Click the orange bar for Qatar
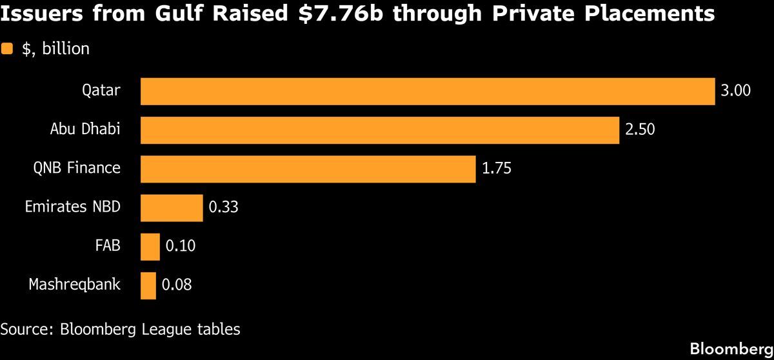pyautogui.click(x=428, y=91)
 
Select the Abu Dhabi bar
pyautogui.click(x=380, y=130)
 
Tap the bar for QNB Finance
pyautogui.click(x=308, y=168)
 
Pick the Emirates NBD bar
pyautogui.click(x=172, y=207)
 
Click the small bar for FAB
pyautogui.click(x=150, y=246)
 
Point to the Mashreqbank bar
pyautogui.click(x=148, y=285)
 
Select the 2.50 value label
pyautogui.click(x=640, y=130)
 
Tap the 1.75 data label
pyautogui.click(x=497, y=168)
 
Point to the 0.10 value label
pyautogui.click(x=181, y=246)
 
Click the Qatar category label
pyautogui.click(x=101, y=90)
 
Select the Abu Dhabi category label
pyautogui.click(x=85, y=129)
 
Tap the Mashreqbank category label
pyautogui.click(x=74, y=284)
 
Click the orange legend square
pyautogui.click(x=8, y=48)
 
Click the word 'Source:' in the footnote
pyautogui.click(x=28, y=329)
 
